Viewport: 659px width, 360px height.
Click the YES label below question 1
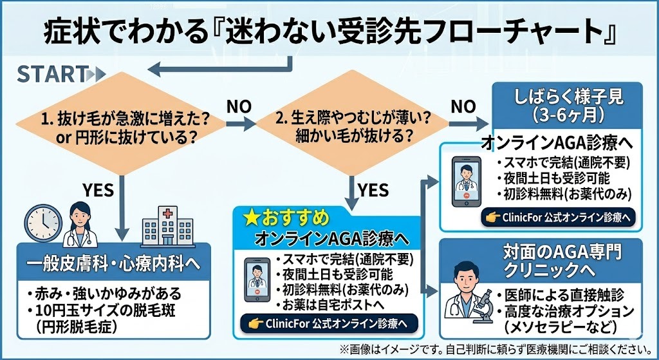(x=98, y=190)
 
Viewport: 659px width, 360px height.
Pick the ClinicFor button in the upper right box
(x=559, y=218)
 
